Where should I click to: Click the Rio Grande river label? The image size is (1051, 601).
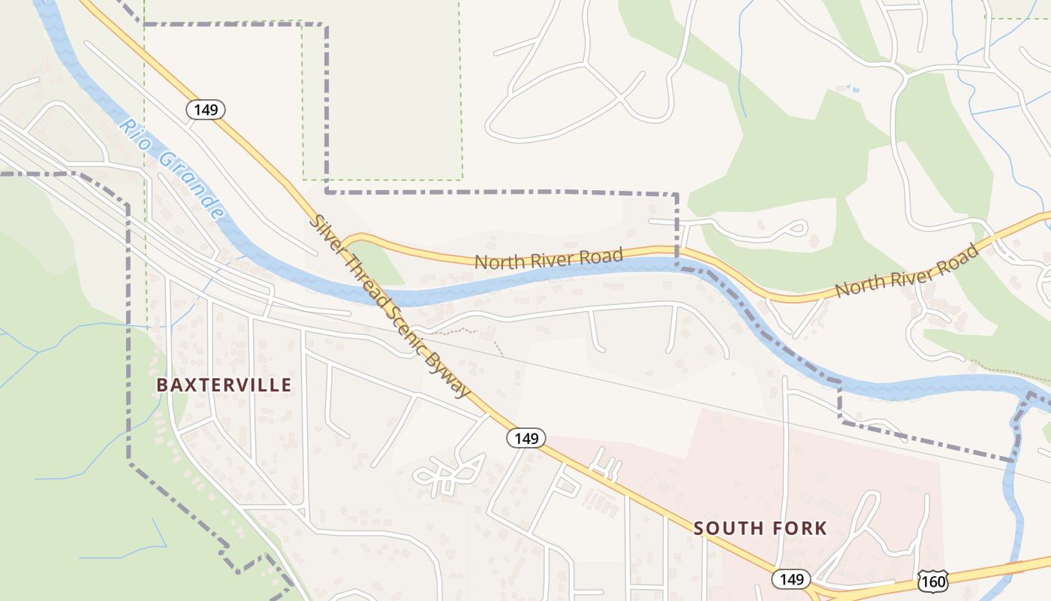171,168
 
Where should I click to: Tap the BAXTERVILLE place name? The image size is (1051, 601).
224,385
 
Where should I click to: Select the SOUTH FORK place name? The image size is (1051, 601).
760,528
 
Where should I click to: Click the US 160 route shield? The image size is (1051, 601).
932,581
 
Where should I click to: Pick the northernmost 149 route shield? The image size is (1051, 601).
206,110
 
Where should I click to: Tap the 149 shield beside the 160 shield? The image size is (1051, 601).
791,579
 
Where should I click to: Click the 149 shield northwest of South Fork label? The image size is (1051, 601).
526,438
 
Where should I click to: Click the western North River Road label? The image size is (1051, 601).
549,259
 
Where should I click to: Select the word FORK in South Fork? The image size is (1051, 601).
799,528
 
